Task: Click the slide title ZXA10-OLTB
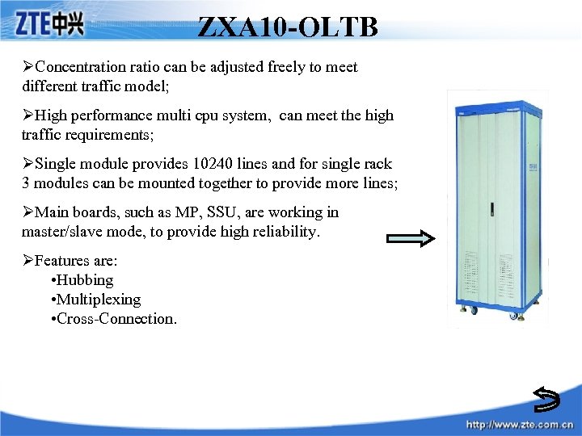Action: tap(288, 27)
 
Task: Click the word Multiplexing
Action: tap(98, 300)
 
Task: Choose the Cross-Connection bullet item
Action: tap(116, 319)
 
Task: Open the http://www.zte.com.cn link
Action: tap(521, 425)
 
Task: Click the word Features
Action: tap(65, 261)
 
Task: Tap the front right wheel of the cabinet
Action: tap(512, 316)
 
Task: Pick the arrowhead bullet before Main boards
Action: tap(28, 212)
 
